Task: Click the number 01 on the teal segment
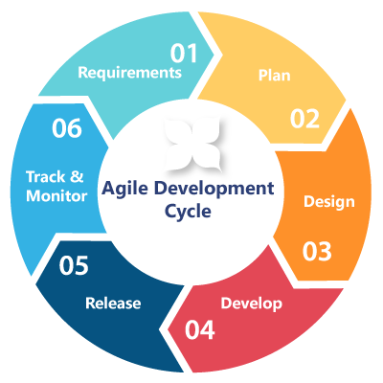click(184, 53)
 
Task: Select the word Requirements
click(130, 73)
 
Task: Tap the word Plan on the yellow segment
click(274, 75)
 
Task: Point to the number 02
click(304, 119)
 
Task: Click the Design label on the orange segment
click(329, 202)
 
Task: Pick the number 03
click(317, 252)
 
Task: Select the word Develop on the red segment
click(252, 304)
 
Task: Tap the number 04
click(200, 329)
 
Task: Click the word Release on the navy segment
click(113, 303)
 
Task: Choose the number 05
click(74, 265)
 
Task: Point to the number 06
click(67, 128)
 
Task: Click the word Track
click(46, 177)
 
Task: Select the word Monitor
click(56, 195)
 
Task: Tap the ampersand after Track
click(77, 176)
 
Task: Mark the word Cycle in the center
click(188, 211)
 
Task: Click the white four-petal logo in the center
click(192, 145)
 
